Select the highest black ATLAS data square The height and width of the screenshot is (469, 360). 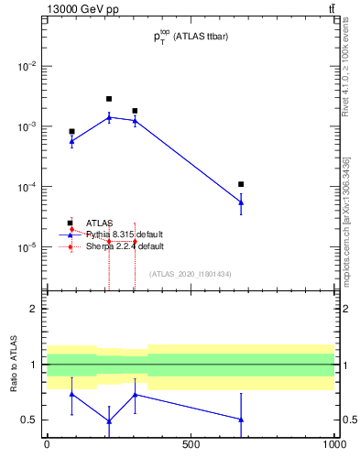coord(109,99)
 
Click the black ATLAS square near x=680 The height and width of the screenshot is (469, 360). coord(241,184)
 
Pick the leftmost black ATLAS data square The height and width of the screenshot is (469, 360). coord(71,131)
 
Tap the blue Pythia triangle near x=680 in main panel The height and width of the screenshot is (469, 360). coord(241,202)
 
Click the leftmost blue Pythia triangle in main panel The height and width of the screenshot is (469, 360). coord(71,141)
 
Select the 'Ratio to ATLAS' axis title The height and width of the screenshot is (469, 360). coord(14,365)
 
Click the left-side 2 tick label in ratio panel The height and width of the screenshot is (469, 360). coord(33,309)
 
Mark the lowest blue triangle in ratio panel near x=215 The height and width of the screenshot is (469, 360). coord(109,421)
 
